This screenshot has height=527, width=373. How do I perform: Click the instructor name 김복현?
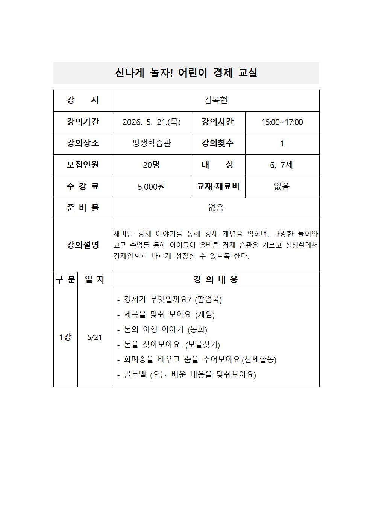coord(215,100)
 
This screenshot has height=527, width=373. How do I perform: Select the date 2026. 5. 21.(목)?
coord(152,122)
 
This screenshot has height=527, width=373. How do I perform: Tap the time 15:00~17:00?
coord(282,122)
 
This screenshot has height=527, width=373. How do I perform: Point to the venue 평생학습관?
coord(152,143)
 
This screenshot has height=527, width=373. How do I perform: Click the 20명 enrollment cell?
coord(152,165)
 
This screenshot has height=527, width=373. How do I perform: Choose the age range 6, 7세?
coord(282,165)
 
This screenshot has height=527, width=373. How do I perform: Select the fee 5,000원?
coord(152,187)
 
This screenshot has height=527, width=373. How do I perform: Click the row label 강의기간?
coord(83,122)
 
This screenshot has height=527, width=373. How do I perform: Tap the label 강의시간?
coord(218,122)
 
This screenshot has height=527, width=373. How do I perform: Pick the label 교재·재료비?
coord(218,187)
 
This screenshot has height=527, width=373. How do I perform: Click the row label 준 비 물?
coord(83,208)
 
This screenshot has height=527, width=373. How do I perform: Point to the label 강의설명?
coord(83,245)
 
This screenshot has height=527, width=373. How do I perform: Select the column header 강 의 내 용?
coord(215,280)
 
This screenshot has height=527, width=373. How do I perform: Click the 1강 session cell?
coord(65,337)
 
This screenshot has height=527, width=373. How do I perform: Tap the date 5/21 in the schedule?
coord(95,337)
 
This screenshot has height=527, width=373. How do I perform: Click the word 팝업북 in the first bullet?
coord(208,300)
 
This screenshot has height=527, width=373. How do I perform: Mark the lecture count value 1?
coord(282,143)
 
